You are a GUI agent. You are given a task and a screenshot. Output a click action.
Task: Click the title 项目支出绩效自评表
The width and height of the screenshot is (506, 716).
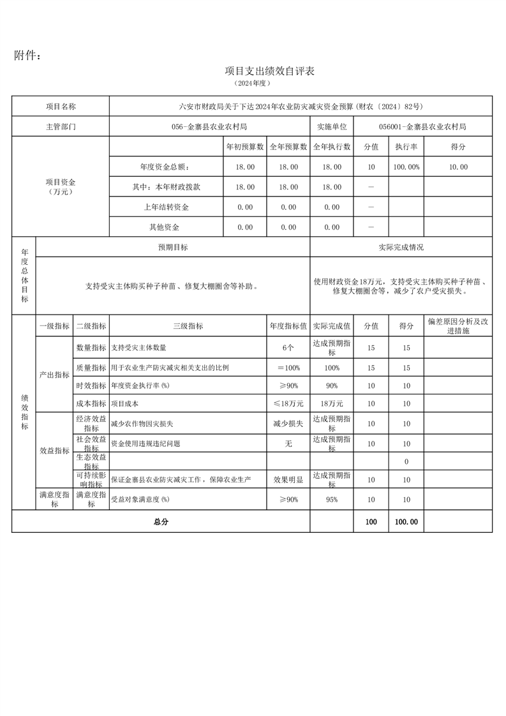pyautogui.click(x=270, y=71)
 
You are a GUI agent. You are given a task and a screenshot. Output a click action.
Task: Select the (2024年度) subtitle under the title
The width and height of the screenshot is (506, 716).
pyautogui.click(x=253, y=84)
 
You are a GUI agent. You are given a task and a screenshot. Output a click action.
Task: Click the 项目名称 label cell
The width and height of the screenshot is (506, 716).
pyautogui.click(x=61, y=107)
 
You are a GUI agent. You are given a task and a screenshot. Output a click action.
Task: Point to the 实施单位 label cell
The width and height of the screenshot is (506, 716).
pyautogui.click(x=332, y=126)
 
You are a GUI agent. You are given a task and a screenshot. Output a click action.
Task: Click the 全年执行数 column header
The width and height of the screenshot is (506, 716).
pyautogui.click(x=332, y=147)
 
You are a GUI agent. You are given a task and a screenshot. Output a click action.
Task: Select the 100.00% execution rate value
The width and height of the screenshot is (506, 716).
pyautogui.click(x=406, y=167)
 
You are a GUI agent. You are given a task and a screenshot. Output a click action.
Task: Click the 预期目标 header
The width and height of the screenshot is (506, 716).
pyautogui.click(x=173, y=247)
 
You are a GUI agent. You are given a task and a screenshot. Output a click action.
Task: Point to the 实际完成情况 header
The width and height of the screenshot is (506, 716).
pyautogui.click(x=401, y=247)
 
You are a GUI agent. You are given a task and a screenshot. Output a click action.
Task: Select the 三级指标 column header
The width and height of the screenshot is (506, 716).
pyautogui.click(x=188, y=325)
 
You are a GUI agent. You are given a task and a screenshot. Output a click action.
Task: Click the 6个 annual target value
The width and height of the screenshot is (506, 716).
pyautogui.click(x=288, y=348)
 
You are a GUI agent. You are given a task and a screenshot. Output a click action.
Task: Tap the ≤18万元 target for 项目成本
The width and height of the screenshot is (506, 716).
pyautogui.click(x=288, y=404)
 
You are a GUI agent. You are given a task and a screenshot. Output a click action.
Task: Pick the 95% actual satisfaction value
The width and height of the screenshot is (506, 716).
pyautogui.click(x=332, y=499)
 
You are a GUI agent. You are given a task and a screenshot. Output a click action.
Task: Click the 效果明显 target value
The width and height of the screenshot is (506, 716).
pyautogui.click(x=288, y=479)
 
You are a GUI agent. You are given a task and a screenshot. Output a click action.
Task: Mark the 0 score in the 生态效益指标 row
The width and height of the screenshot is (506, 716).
pyautogui.click(x=406, y=461)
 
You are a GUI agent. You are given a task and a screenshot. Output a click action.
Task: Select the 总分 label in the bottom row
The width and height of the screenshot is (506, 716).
pyautogui.click(x=161, y=521)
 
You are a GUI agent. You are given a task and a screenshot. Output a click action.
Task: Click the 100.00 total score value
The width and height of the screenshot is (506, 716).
pyautogui.click(x=406, y=521)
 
